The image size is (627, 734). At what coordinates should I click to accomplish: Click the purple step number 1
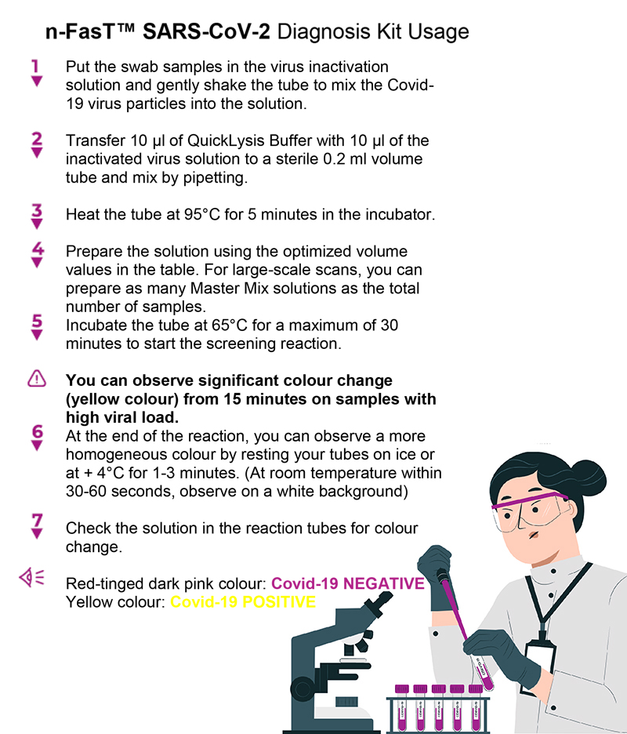35,66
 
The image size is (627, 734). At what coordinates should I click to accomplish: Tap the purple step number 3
37,210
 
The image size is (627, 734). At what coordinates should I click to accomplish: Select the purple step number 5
37,321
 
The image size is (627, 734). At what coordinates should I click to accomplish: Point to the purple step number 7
37,520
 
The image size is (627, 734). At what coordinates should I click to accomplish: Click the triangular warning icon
37,378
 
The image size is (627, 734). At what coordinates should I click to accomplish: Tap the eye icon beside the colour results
32,576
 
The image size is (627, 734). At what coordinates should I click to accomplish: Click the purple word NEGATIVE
384,583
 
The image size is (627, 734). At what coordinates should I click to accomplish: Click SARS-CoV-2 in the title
206,31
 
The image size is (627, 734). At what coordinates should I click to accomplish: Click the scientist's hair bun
588,478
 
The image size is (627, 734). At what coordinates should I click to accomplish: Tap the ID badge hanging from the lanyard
539,665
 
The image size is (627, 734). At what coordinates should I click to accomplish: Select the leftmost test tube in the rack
402,709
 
